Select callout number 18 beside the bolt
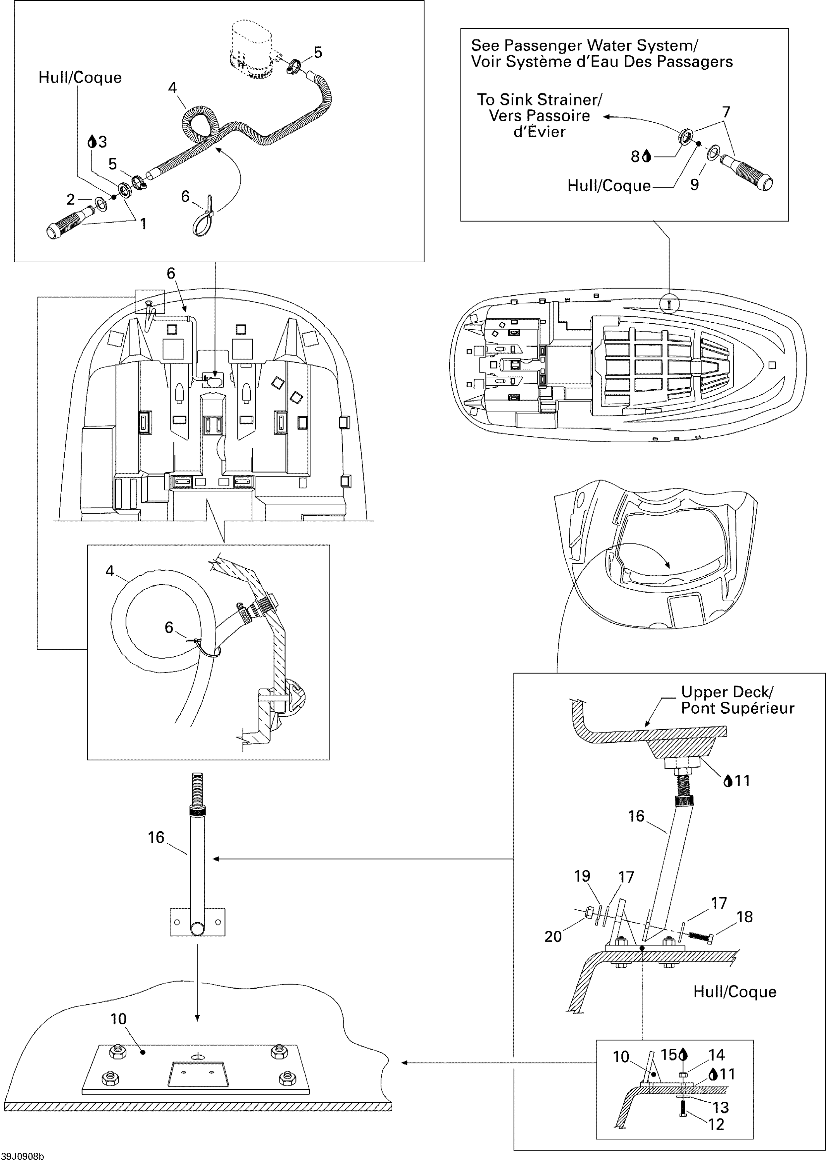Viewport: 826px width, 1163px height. pos(745,917)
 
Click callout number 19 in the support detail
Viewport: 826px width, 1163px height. pos(582,876)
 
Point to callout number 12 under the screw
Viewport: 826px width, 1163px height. pos(716,1124)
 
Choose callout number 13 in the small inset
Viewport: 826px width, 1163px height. pos(721,1107)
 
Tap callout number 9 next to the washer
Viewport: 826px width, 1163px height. pos(695,184)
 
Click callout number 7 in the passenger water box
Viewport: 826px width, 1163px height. pos(726,112)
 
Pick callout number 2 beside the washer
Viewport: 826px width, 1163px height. pos(71,199)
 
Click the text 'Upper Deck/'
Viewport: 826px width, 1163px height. pos(727,692)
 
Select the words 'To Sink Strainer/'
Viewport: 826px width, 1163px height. pos(539,99)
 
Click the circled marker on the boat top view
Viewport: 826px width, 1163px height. pos(669,304)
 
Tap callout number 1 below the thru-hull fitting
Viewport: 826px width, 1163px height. pos(143,223)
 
